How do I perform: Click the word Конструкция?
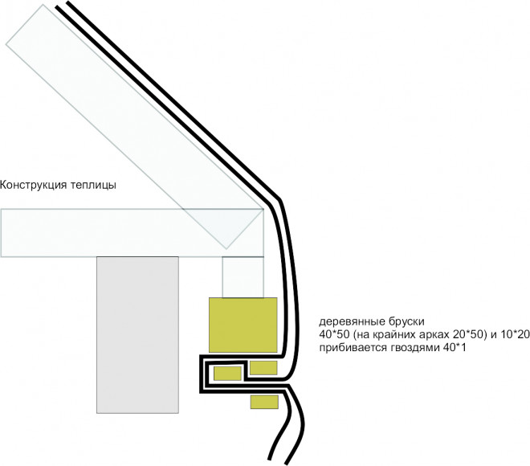34,186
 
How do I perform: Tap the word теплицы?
94,186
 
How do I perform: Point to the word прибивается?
353,348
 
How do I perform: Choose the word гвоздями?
414,349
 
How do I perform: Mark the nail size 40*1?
454,348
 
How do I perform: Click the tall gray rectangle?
137,335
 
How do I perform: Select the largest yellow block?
243,325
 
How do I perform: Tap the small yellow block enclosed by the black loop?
227,374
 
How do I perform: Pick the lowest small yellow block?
264,402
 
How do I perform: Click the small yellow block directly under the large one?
263,368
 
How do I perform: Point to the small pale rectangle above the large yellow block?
243,277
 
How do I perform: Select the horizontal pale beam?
132,233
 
